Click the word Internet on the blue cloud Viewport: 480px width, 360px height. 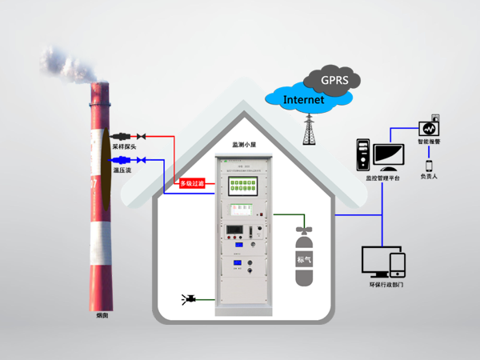(x=304, y=100)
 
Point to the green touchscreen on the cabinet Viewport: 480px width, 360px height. (x=241, y=183)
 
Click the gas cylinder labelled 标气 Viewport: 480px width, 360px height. (x=304, y=258)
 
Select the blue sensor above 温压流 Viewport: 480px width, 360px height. (x=123, y=159)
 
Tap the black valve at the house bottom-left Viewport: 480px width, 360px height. (x=189, y=300)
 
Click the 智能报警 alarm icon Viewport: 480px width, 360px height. (x=429, y=128)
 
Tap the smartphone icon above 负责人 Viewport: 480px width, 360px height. (x=429, y=166)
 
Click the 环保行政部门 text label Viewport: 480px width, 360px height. (x=384, y=286)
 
